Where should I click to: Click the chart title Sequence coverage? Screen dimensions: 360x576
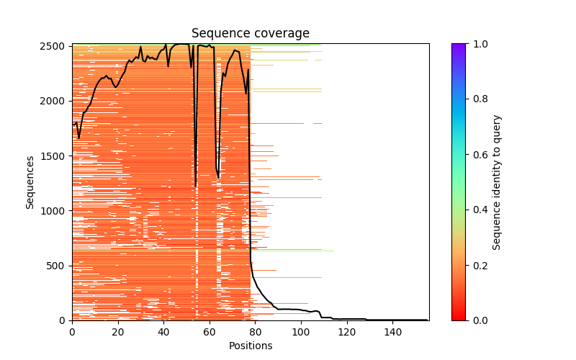coord(250,33)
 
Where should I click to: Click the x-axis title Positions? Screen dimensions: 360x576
coord(250,346)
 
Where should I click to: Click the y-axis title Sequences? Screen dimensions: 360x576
coord(30,182)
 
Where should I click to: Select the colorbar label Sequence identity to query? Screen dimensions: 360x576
coord(497,182)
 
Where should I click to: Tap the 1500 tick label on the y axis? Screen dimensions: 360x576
coord(57,156)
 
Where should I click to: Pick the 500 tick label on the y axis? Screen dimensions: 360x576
coord(60,266)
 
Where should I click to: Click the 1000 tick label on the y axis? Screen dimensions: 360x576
coord(57,211)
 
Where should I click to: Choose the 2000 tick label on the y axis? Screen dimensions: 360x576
coord(57,101)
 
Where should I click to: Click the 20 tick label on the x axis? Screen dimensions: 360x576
coord(118,332)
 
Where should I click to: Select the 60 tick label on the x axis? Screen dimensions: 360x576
coord(210,332)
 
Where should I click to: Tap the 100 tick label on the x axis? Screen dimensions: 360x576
coord(301,332)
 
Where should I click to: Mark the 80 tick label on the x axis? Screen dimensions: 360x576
coord(255,332)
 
